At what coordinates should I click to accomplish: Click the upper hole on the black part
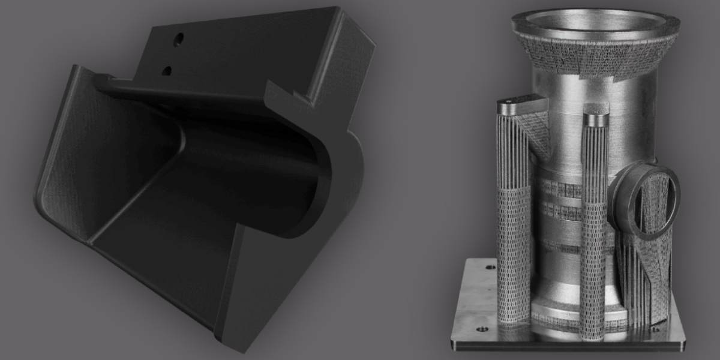click(x=178, y=40)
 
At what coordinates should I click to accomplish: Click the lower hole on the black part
click(x=167, y=71)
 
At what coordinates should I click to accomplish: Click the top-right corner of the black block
click(x=340, y=10)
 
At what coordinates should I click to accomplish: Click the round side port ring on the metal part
click(x=645, y=198)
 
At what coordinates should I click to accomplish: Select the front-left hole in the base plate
click(x=480, y=329)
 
